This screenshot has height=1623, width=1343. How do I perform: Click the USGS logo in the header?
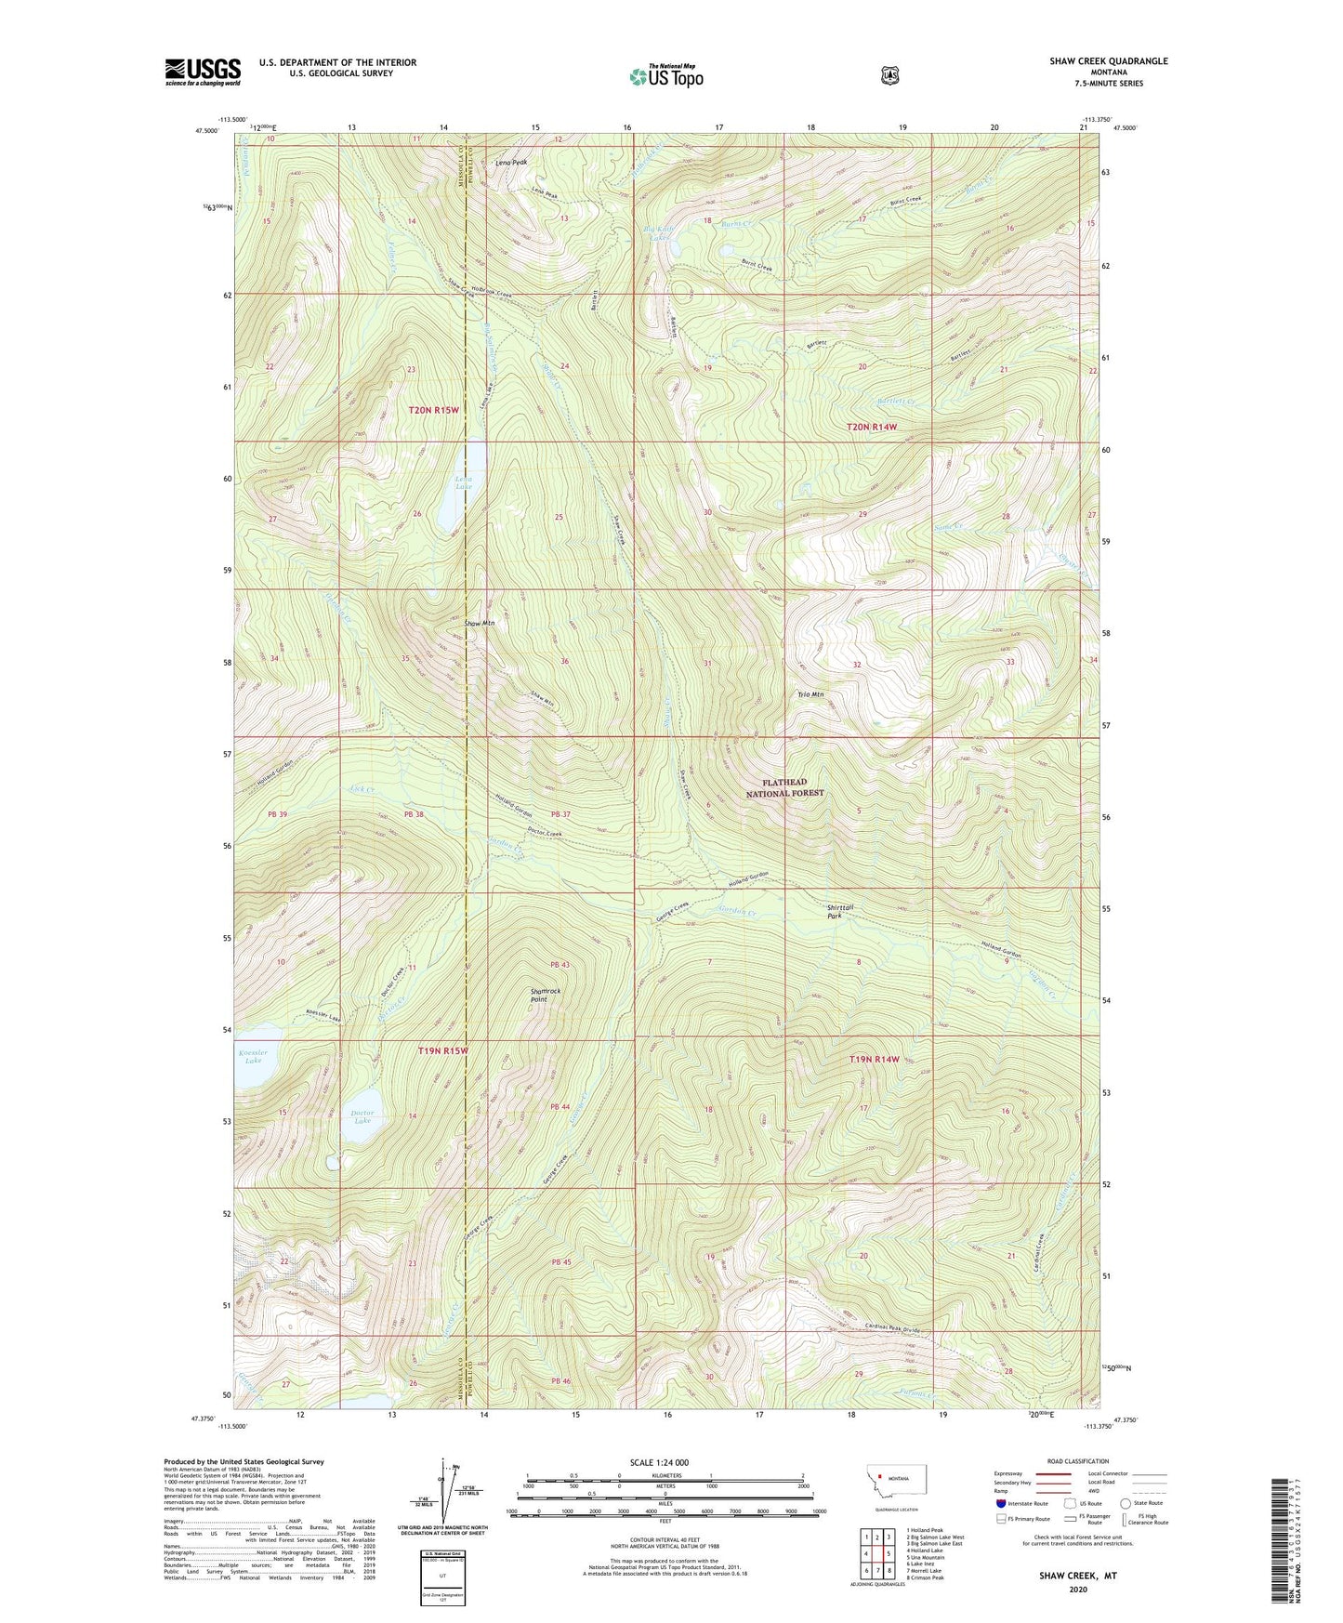pyautogui.click(x=203, y=72)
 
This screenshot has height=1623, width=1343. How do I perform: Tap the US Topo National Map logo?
pyautogui.click(x=665, y=76)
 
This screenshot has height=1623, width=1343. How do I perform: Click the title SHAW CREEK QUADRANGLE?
pyautogui.click(x=1108, y=61)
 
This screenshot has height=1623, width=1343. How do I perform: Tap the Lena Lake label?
pyautogui.click(x=463, y=482)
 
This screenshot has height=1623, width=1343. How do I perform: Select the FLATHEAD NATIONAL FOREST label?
pyautogui.click(x=785, y=787)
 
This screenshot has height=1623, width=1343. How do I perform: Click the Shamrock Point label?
pyautogui.click(x=546, y=995)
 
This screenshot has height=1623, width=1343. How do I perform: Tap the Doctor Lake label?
pyautogui.click(x=362, y=1116)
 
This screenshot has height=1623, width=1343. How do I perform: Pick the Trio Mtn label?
pyautogui.click(x=810, y=694)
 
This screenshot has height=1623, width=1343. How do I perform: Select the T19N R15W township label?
pyautogui.click(x=442, y=1050)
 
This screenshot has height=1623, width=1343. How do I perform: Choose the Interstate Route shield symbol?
pyautogui.click(x=1001, y=1503)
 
